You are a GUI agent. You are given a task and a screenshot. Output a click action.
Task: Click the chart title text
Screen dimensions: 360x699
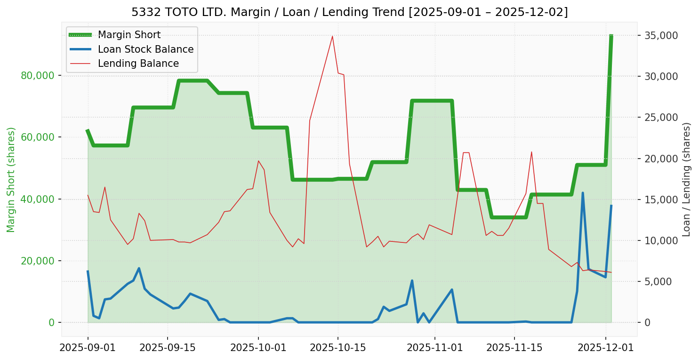tap(349, 12)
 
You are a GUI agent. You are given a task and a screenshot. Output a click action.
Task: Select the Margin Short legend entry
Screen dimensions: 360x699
tap(129, 35)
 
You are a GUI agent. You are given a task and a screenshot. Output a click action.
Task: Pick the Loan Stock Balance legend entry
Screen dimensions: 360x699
tap(145, 49)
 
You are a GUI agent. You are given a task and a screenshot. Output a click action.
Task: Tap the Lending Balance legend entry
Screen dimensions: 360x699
tap(138, 64)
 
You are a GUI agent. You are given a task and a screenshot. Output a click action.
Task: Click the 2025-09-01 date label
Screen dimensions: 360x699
tap(88, 348)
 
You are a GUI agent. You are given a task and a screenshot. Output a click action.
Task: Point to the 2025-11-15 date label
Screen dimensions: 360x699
tap(514, 348)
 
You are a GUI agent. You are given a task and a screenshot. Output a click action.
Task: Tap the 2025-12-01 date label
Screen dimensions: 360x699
tap(605, 348)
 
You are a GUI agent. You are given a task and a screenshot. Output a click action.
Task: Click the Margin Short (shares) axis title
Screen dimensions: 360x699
tap(11, 179)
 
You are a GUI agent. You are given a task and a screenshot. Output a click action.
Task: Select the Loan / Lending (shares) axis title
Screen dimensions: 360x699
tap(686, 179)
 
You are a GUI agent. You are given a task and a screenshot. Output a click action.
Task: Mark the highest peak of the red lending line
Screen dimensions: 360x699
tap(332, 36)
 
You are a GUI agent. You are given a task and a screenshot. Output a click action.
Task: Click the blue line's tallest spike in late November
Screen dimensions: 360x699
tap(583, 193)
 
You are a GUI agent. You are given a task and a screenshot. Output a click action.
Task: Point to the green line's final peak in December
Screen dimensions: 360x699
tap(611, 36)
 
